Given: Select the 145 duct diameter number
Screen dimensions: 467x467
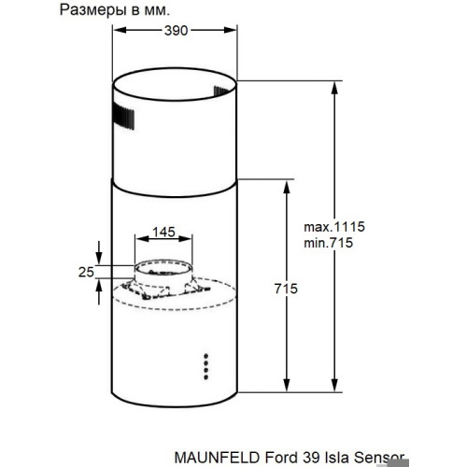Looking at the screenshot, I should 163,231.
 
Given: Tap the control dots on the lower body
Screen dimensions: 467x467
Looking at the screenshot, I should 205,366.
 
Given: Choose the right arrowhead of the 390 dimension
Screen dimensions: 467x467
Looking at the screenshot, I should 234,31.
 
